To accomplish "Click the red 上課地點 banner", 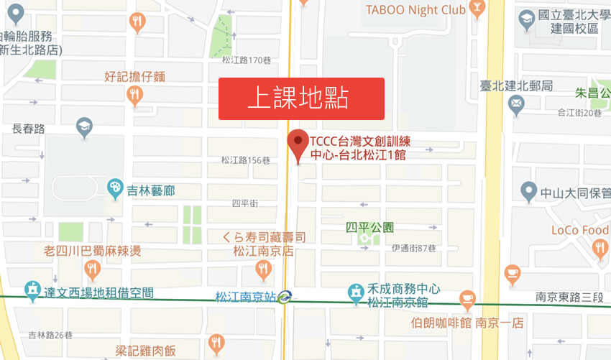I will (301, 98).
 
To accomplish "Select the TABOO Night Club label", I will (415, 9).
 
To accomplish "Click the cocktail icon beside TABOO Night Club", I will (477, 9).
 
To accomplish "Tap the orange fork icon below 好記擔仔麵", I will (134, 95).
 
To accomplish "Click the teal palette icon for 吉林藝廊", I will (115, 190).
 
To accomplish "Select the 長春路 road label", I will (29, 129).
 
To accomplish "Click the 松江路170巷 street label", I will (247, 60).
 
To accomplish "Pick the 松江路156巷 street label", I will (246, 160).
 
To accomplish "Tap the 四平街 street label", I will (244, 204).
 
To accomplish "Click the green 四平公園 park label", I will (369, 227).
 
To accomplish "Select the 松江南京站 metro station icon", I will (285, 295).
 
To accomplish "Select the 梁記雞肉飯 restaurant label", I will (146, 351).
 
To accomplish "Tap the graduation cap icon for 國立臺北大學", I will (527, 17).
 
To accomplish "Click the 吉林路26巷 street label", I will (50, 334).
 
